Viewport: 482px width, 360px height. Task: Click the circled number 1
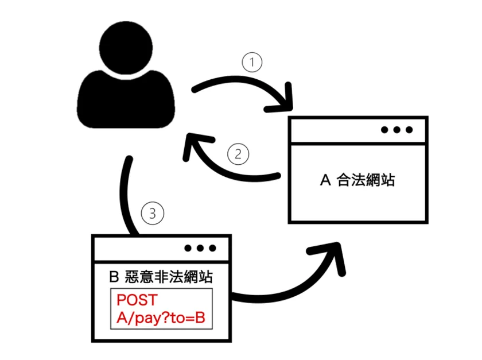click(x=252, y=62)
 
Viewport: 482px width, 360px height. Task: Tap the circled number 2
click(x=238, y=153)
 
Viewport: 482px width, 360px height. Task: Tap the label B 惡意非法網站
click(x=161, y=277)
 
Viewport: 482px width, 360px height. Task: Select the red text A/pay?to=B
click(x=160, y=319)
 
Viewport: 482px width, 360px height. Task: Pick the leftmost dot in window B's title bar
click(x=187, y=248)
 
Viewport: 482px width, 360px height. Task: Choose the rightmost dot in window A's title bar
click(x=409, y=130)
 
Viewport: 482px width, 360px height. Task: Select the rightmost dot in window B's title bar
click(x=212, y=248)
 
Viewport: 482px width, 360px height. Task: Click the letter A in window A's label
click(x=325, y=180)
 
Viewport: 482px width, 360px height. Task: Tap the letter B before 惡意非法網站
click(x=114, y=277)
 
